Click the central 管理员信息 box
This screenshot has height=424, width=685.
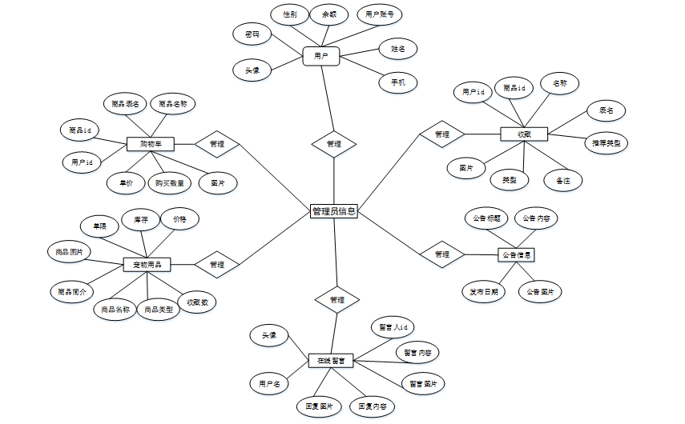click(x=333, y=211)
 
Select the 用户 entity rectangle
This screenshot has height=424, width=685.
click(x=321, y=56)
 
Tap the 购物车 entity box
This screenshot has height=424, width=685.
click(x=151, y=144)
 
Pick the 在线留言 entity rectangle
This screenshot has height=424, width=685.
click(x=331, y=361)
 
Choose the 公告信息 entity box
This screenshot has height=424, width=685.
click(x=517, y=255)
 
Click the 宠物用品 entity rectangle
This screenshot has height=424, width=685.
click(x=147, y=264)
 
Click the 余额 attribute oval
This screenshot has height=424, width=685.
click(x=329, y=14)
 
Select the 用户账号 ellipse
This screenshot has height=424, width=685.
click(x=379, y=14)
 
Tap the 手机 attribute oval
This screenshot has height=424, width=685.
click(x=398, y=82)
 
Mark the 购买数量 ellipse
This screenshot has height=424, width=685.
click(x=170, y=183)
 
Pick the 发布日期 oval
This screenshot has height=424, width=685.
click(x=484, y=292)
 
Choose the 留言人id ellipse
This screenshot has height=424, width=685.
click(x=393, y=326)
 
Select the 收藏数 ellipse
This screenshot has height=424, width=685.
click(x=198, y=302)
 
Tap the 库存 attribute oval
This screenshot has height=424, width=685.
click(x=141, y=218)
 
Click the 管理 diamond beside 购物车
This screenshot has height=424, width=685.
click(x=217, y=144)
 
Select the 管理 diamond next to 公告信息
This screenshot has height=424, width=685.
click(x=442, y=254)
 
